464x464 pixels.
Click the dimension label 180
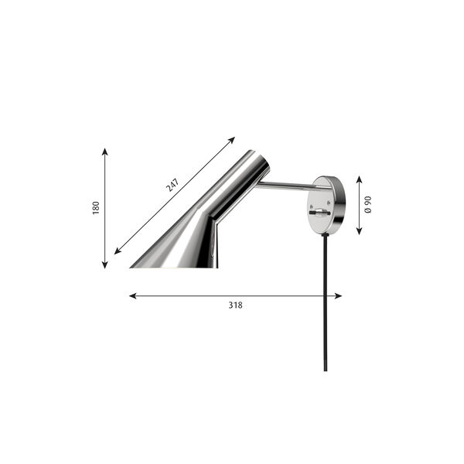coord(96,208)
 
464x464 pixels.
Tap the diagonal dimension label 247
coord(172,185)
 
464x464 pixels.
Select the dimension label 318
coord(235,305)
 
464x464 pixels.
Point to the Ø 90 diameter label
coord(368,204)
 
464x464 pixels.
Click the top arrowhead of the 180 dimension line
coord(104,152)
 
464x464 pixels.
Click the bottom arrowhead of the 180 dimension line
coord(104,265)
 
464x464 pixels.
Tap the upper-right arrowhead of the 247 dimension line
coord(232,140)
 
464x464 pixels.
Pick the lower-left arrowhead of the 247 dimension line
coord(118,251)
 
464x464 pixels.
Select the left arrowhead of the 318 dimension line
coord(133,296)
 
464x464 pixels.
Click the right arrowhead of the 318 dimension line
coord(338,296)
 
